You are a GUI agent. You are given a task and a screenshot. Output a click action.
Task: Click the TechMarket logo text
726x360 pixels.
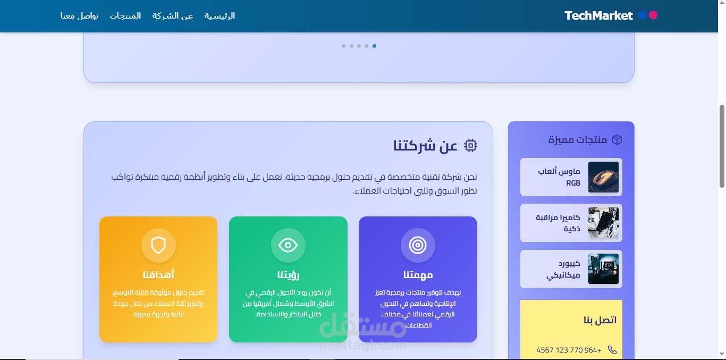click(598, 15)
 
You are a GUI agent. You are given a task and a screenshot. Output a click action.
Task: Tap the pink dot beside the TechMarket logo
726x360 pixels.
click(653, 15)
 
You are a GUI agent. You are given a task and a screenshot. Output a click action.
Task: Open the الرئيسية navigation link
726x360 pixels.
click(220, 15)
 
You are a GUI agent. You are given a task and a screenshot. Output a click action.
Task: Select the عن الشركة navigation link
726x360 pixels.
click(173, 15)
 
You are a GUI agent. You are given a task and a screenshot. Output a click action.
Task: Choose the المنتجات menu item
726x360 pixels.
click(125, 15)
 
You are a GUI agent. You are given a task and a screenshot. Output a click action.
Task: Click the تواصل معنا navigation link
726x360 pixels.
click(79, 15)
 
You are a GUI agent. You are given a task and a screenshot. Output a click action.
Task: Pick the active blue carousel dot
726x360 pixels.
click(374, 46)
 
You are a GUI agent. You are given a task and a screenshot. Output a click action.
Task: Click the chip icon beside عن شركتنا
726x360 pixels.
click(470, 145)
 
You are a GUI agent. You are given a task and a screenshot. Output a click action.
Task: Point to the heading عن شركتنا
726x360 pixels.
click(425, 145)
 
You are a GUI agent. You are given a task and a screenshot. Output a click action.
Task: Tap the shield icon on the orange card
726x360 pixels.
click(158, 245)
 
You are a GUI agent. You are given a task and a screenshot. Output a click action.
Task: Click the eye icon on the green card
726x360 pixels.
click(288, 245)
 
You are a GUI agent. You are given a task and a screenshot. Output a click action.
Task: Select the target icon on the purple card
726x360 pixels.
click(418, 245)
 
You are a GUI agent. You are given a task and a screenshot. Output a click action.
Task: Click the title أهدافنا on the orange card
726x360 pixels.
click(158, 275)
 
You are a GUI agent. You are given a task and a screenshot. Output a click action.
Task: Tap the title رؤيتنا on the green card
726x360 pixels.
click(288, 275)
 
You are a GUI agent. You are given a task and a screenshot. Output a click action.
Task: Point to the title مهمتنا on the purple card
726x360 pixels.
click(418, 275)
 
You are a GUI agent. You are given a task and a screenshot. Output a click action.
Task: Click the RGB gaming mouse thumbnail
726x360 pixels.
click(603, 177)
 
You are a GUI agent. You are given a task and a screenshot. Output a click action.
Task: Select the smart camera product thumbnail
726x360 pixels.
click(603, 223)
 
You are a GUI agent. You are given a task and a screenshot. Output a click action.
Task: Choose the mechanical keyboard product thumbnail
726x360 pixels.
click(603, 269)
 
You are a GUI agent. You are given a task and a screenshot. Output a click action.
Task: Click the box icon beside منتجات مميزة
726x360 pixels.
click(617, 140)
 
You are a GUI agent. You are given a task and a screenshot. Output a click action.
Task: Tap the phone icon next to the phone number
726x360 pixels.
click(612, 349)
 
